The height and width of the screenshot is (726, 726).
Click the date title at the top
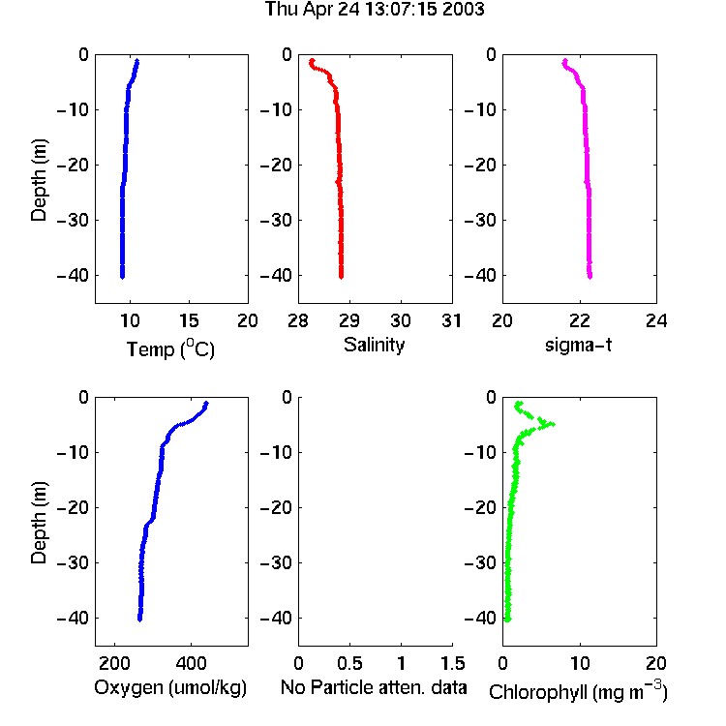375,10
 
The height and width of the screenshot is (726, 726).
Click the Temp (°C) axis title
170,348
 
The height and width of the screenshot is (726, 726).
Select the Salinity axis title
374,345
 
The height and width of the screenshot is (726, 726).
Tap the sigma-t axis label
578,345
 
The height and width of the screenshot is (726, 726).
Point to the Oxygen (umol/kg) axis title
170,687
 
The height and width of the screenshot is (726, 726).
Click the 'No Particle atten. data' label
374,687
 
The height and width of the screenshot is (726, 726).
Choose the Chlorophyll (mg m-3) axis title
578,691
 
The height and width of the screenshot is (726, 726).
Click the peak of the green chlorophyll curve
552,424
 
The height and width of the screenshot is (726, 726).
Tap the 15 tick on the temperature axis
189,320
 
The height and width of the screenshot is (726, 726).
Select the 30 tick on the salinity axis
401,320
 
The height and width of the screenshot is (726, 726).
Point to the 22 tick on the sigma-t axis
580,320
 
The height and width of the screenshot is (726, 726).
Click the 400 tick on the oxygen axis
192,663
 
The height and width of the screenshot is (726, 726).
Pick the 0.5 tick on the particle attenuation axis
349,663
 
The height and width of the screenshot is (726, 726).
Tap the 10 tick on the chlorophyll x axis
580,663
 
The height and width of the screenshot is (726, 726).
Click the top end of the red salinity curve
312,61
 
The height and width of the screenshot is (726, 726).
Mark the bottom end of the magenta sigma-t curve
590,277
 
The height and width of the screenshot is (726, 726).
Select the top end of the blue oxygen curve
206,404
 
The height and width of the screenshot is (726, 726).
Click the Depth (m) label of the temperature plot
39,180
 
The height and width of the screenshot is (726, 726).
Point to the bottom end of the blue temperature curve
122,277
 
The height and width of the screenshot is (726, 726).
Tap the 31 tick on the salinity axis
451,320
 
